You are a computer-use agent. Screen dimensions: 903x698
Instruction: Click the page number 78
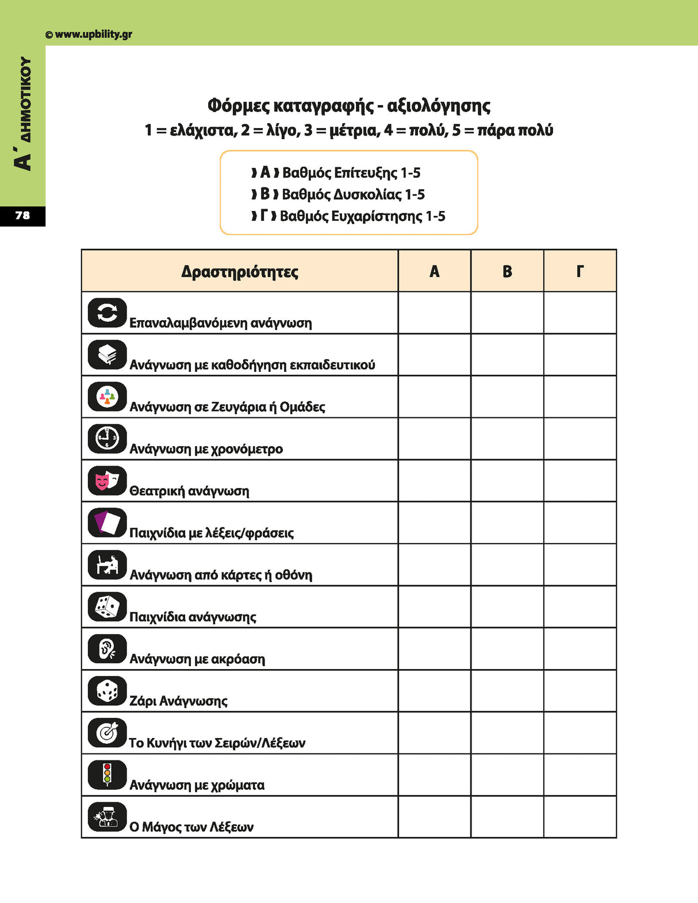(x=22, y=216)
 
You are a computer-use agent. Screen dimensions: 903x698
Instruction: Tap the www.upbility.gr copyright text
(x=89, y=34)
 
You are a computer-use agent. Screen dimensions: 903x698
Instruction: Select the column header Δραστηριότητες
(x=240, y=271)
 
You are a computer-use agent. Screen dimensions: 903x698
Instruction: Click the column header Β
(x=507, y=271)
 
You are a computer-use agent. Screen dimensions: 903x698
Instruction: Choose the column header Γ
(x=580, y=271)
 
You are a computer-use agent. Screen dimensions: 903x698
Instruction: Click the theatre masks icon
(x=107, y=481)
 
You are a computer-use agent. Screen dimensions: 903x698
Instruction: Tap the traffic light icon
(x=107, y=774)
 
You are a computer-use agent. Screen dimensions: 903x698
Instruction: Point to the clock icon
(x=107, y=439)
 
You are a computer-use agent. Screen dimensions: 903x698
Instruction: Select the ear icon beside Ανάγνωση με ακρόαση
(x=107, y=648)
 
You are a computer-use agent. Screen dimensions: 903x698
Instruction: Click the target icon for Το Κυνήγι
(x=107, y=732)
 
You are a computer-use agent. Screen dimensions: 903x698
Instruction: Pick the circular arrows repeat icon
(x=107, y=313)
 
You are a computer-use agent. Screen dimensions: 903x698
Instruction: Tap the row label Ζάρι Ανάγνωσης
(x=178, y=701)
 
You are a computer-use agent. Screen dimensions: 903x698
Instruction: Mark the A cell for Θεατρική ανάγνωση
(x=434, y=481)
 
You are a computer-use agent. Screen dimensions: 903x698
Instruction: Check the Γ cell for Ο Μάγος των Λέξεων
(x=580, y=817)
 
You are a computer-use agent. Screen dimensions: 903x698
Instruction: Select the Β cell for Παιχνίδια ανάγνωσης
(x=507, y=606)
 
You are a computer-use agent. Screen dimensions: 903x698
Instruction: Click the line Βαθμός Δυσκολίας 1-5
(x=353, y=194)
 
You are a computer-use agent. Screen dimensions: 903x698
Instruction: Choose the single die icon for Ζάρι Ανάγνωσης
(x=107, y=690)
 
